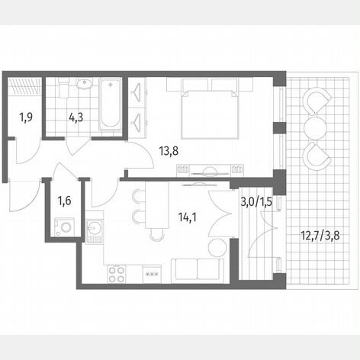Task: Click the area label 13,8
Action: (169, 151)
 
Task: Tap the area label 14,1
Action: (187, 217)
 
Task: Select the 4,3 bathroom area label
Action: (76, 117)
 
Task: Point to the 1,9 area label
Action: (26, 117)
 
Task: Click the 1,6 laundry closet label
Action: (64, 201)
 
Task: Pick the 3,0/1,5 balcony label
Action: (256, 202)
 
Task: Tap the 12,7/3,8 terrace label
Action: (320, 236)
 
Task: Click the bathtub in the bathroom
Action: (110, 104)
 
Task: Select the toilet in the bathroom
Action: (63, 87)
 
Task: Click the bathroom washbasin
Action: (85, 83)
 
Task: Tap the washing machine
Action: (65, 227)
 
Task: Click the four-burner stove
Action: (117, 274)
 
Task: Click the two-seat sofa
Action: (198, 271)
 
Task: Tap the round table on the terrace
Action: (315, 127)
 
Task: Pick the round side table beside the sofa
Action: (217, 247)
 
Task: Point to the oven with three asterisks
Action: (152, 274)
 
